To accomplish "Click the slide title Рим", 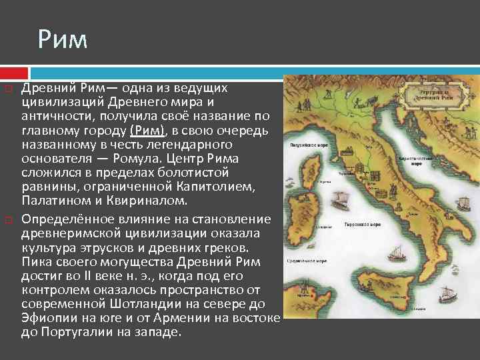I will point(63,40).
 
